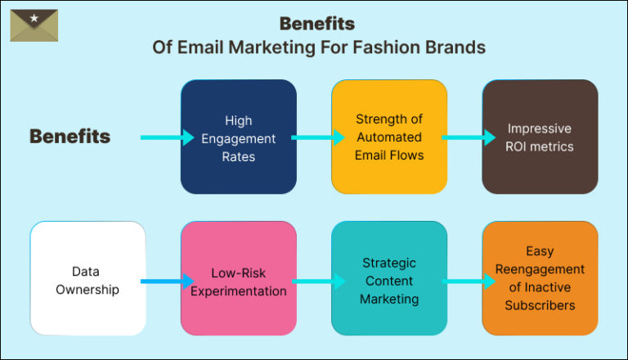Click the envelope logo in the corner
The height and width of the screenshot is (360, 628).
(34, 25)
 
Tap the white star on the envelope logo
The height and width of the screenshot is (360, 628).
(34, 18)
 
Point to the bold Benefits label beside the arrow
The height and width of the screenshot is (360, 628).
(70, 137)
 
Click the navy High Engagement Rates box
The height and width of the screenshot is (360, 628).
(238, 137)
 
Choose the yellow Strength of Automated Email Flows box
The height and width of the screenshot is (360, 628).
(388, 137)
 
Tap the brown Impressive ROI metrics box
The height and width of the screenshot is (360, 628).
(539, 137)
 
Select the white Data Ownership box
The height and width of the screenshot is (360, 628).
(87, 278)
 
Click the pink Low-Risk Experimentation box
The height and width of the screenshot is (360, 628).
(238, 278)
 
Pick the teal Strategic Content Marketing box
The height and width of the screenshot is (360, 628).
(388, 278)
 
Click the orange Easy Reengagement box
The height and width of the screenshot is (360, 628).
(539, 278)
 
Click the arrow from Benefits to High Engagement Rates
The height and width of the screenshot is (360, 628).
(163, 137)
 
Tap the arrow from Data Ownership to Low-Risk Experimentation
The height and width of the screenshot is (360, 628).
(163, 282)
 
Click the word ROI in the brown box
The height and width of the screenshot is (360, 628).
(523, 146)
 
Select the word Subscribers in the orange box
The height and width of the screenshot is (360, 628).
(540, 305)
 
